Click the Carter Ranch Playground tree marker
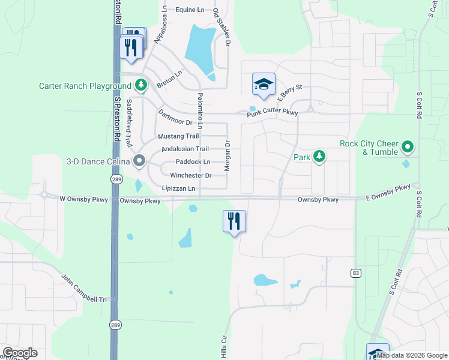(x=141, y=86)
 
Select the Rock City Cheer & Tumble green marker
(x=408, y=147)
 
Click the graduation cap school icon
(x=264, y=85)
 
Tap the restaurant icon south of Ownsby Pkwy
(x=234, y=221)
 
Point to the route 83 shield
(x=357, y=273)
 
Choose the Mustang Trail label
(x=178, y=136)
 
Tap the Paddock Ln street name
(x=193, y=162)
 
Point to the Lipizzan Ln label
(x=179, y=188)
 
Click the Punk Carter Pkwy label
(x=273, y=112)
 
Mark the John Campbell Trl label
(x=84, y=289)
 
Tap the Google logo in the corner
(x=20, y=353)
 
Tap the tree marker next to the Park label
(x=320, y=157)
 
